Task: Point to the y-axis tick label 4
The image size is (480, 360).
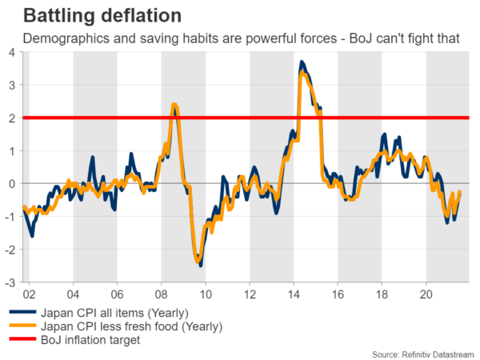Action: click(x=11, y=53)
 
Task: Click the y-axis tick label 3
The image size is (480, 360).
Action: click(x=11, y=86)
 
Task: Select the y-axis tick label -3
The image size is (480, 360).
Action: click(x=9, y=282)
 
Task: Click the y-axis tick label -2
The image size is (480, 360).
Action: click(x=9, y=250)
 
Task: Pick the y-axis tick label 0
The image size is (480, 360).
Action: click(x=11, y=184)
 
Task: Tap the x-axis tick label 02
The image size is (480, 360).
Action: click(x=29, y=293)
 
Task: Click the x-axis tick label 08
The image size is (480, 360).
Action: click(x=162, y=293)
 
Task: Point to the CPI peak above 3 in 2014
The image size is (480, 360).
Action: click(x=302, y=62)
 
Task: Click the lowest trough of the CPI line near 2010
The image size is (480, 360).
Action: click(x=200, y=264)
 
